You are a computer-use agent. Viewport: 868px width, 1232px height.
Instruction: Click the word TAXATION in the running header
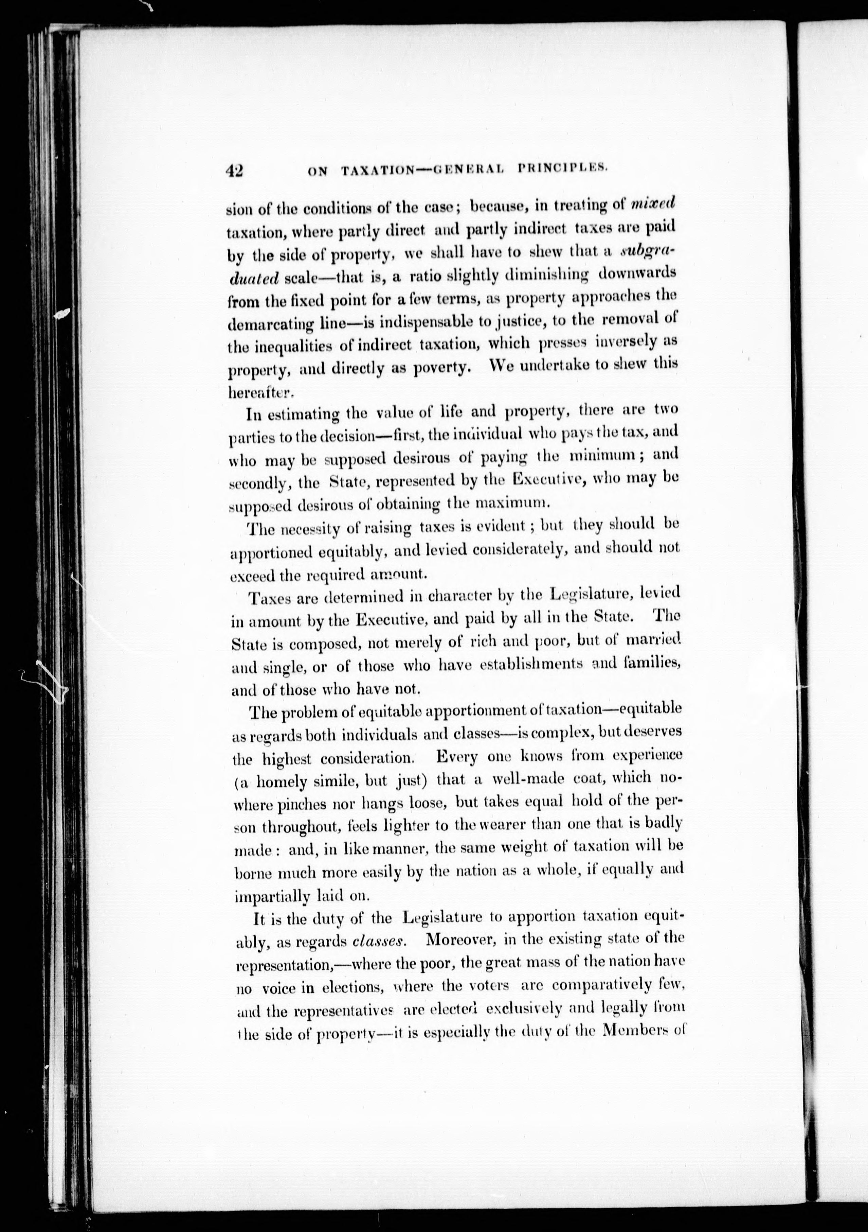click(378, 171)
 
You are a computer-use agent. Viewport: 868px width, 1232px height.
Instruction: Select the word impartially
click(265, 896)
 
